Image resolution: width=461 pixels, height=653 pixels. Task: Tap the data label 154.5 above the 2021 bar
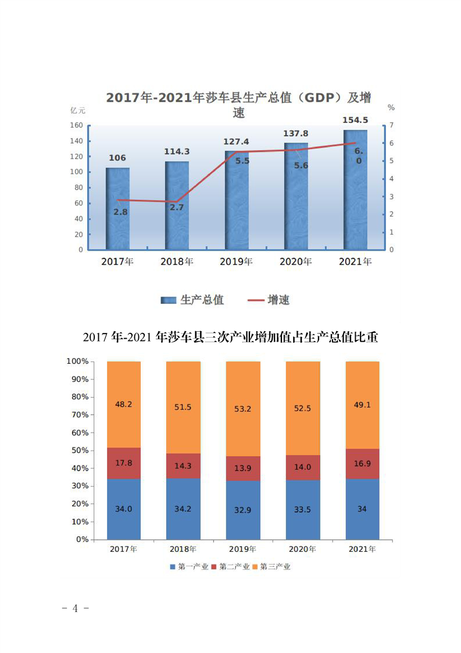(355, 120)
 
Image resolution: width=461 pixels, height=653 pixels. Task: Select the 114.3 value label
(177, 151)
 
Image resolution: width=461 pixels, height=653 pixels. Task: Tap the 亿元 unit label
(78, 110)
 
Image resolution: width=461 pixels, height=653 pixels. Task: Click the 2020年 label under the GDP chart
(295, 262)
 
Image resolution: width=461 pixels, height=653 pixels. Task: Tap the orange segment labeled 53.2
(243, 409)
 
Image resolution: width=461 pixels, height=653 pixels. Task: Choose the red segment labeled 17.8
(124, 463)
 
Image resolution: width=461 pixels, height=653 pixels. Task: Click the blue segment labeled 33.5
(303, 509)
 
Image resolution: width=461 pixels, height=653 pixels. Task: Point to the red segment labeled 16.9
(362, 464)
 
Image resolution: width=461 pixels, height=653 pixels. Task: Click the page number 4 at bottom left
(75, 609)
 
